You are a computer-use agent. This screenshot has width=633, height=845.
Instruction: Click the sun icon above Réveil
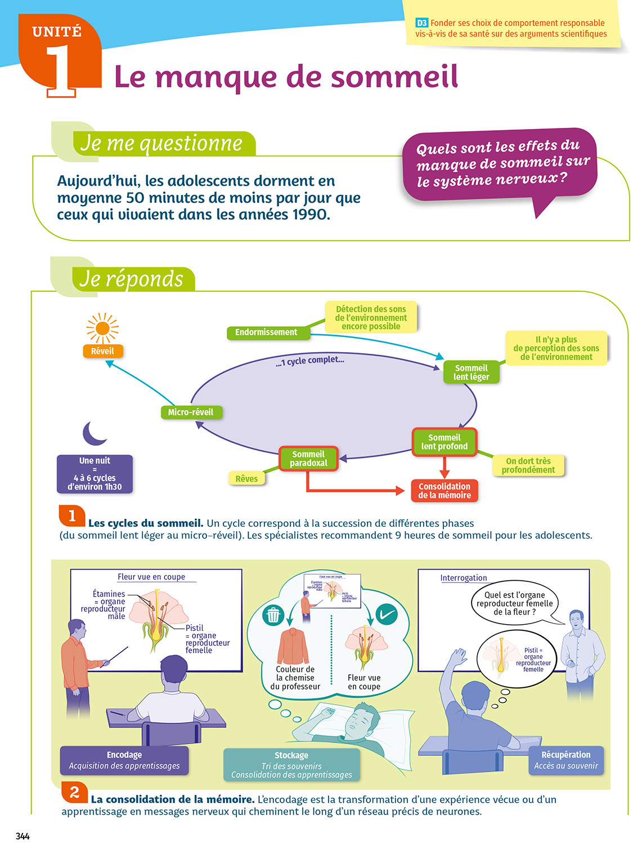click(x=102, y=328)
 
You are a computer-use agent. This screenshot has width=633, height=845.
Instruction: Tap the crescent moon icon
click(x=94, y=433)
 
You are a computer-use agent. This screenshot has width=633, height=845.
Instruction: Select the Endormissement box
click(x=266, y=332)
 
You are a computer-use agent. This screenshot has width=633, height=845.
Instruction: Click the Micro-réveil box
click(x=191, y=412)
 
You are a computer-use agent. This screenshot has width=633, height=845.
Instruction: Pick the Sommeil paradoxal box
click(x=308, y=459)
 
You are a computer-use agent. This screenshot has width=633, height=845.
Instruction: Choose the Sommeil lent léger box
click(x=472, y=372)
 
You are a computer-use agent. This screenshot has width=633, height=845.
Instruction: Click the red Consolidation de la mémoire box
click(x=445, y=491)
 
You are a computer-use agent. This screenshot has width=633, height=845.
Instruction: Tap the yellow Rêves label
click(x=246, y=479)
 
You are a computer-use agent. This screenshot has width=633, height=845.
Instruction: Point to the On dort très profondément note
click(x=528, y=465)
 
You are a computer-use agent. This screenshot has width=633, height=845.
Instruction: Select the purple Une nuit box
click(x=95, y=474)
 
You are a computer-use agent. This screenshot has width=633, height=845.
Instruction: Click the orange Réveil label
click(x=102, y=352)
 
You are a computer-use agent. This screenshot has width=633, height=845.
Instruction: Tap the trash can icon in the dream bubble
click(x=273, y=615)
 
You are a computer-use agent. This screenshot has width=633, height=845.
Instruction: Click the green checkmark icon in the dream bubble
click(x=386, y=615)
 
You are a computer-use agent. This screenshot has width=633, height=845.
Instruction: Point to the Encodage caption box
click(x=124, y=760)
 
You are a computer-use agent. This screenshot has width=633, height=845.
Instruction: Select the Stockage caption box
click(x=291, y=764)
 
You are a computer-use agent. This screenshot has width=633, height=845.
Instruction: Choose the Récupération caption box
click(x=566, y=760)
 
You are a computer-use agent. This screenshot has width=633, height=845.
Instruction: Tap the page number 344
click(x=23, y=836)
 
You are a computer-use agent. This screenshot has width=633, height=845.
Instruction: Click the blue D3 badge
click(x=422, y=23)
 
